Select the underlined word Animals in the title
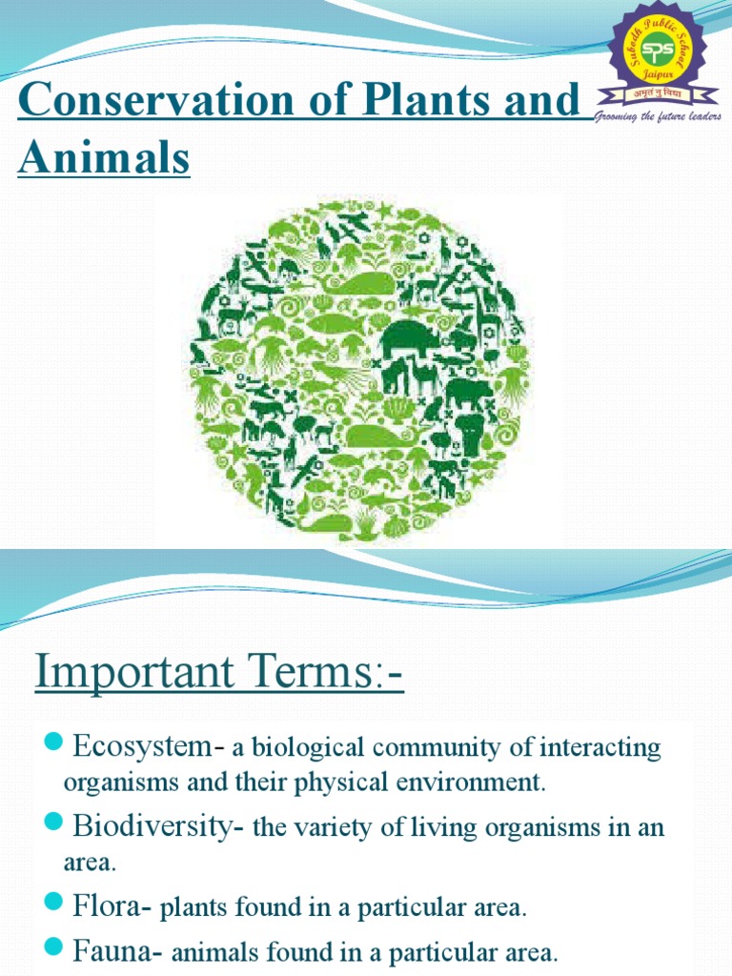pyautogui.click(x=104, y=158)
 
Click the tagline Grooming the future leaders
pyautogui.click(x=658, y=116)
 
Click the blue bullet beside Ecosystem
pyautogui.click(x=53, y=743)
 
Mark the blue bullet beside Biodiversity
pyautogui.click(x=53, y=823)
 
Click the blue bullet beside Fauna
pyautogui.click(x=53, y=946)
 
